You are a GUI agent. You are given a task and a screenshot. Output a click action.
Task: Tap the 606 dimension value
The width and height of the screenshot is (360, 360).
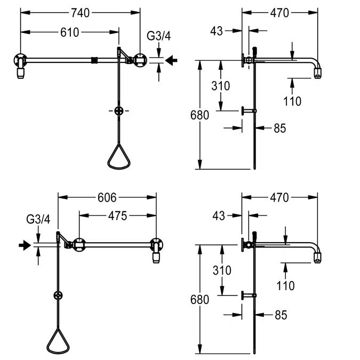107,197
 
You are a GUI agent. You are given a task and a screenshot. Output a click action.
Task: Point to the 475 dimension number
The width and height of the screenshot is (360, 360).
117,216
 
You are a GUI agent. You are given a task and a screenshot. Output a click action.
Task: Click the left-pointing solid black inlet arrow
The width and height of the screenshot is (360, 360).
171,60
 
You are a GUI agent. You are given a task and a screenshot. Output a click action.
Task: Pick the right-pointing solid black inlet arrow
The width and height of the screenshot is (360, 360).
25,245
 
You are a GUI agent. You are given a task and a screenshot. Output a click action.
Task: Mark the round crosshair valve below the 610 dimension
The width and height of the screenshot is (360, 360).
119,110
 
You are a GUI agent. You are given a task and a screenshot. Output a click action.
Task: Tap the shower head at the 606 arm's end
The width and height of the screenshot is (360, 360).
157,257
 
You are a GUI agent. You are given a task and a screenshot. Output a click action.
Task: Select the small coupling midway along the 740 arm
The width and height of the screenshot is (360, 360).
95,60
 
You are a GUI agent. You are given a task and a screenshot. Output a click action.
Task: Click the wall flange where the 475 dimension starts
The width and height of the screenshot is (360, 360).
79,245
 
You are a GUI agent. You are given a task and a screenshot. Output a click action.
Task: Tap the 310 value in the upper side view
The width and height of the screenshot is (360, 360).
220,86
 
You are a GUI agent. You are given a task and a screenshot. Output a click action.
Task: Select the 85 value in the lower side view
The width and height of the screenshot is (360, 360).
281,315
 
